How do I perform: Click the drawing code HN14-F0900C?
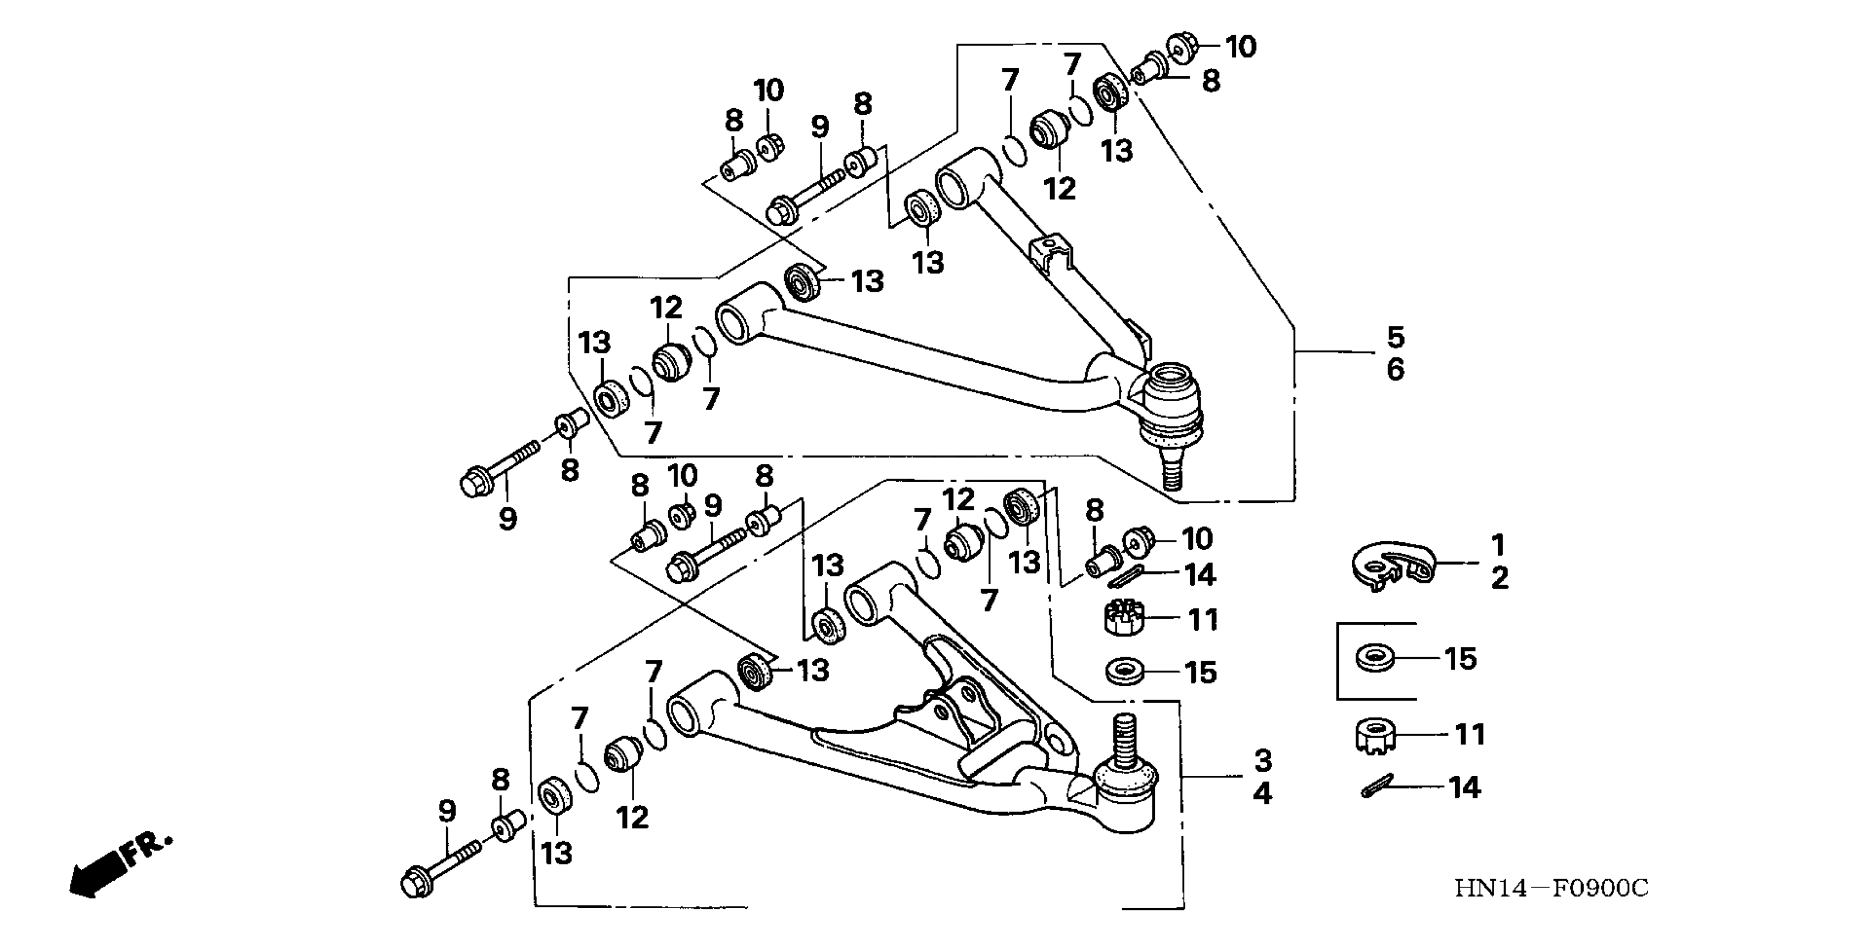coord(1551,887)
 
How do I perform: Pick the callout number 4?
coord(1263,793)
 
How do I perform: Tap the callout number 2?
coord(1500,579)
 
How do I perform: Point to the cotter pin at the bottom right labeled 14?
coord(1377,786)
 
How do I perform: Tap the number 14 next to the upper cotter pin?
coord(1200,575)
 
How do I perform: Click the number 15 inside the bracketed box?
coord(1460,659)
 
